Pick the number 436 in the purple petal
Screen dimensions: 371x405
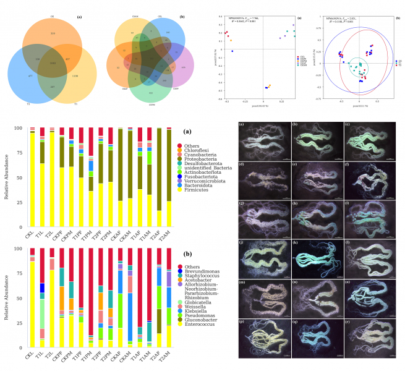point(183,67)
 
